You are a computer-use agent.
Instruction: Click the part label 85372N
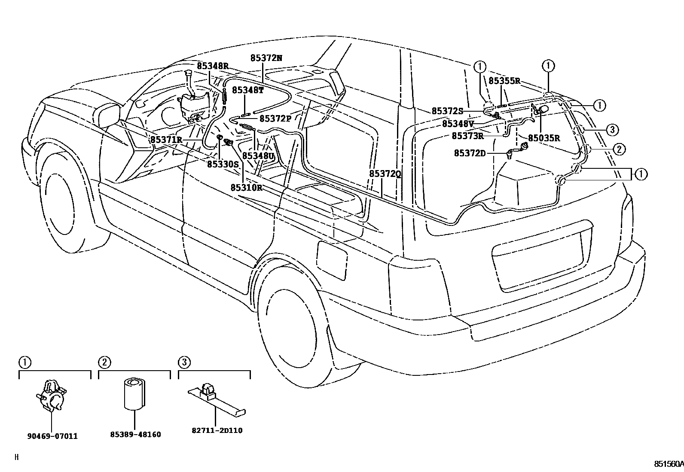coord(266,58)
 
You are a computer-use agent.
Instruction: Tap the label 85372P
coord(275,118)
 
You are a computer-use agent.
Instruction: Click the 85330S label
coord(223,164)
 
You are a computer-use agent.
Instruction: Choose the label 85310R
coord(246,187)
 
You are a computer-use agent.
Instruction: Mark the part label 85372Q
coord(385,174)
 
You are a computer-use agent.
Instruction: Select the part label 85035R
coord(544,138)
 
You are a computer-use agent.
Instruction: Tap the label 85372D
coord(470,153)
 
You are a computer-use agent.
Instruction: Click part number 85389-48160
coord(135,434)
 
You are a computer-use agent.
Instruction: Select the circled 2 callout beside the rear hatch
coord(618,149)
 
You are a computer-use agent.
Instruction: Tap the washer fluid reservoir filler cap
coord(188,73)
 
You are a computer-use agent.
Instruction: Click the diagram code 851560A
coord(668,464)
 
